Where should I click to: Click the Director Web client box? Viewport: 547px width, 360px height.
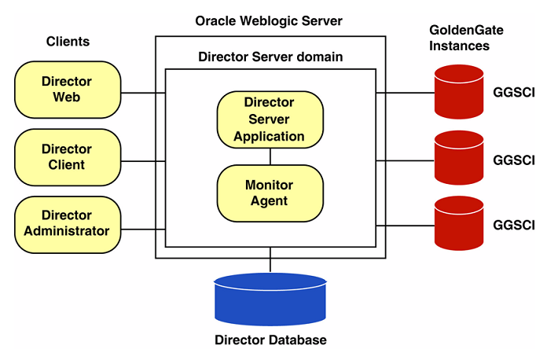[x=68, y=90]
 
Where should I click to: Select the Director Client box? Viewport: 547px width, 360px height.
[x=68, y=157]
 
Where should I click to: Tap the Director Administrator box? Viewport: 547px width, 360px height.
[x=68, y=224]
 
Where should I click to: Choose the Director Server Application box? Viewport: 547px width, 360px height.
[x=270, y=119]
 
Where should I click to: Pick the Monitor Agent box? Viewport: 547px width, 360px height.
[x=270, y=193]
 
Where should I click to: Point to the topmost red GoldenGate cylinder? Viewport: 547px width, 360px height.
[x=458, y=92]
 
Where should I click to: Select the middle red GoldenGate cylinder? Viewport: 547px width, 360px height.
[x=458, y=158]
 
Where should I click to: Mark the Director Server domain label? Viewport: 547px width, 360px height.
[x=270, y=57]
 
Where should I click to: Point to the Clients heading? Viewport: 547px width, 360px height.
[x=68, y=41]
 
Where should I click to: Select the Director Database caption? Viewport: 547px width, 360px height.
[x=270, y=340]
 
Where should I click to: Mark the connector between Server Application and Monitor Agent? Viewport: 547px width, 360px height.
[x=270, y=156]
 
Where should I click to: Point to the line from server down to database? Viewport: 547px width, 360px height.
[x=270, y=263]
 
